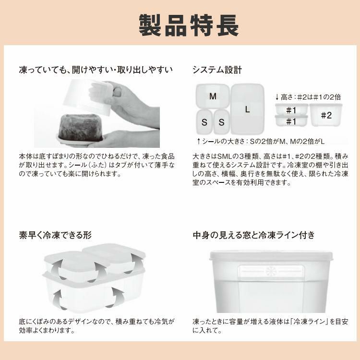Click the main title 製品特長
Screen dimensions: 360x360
[188, 25]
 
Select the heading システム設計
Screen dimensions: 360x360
[217, 70]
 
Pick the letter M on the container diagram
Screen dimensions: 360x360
[213, 96]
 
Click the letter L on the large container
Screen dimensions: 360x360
[247, 109]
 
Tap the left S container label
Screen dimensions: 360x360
[204, 122]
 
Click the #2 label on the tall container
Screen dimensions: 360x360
[326, 115]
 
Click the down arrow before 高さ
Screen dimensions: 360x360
[277, 96]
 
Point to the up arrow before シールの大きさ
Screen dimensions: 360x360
[199, 141]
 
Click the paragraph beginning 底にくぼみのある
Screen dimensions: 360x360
[96, 325]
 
